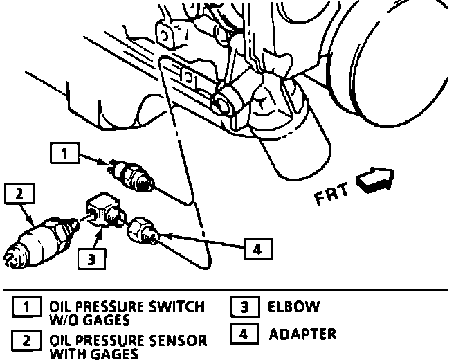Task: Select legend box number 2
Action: (x=26, y=341)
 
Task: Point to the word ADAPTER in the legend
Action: (x=303, y=334)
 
